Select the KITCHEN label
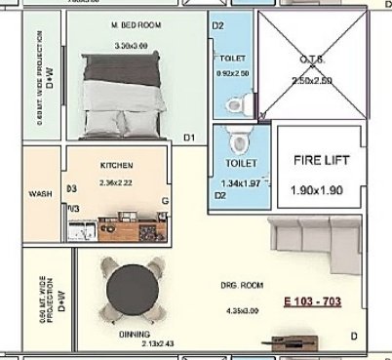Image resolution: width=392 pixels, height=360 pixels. click(x=116, y=166)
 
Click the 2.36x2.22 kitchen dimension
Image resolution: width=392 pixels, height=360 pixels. click(x=116, y=182)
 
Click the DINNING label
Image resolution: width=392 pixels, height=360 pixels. click(x=135, y=333)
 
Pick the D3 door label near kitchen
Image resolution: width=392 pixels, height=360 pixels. click(x=71, y=189)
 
